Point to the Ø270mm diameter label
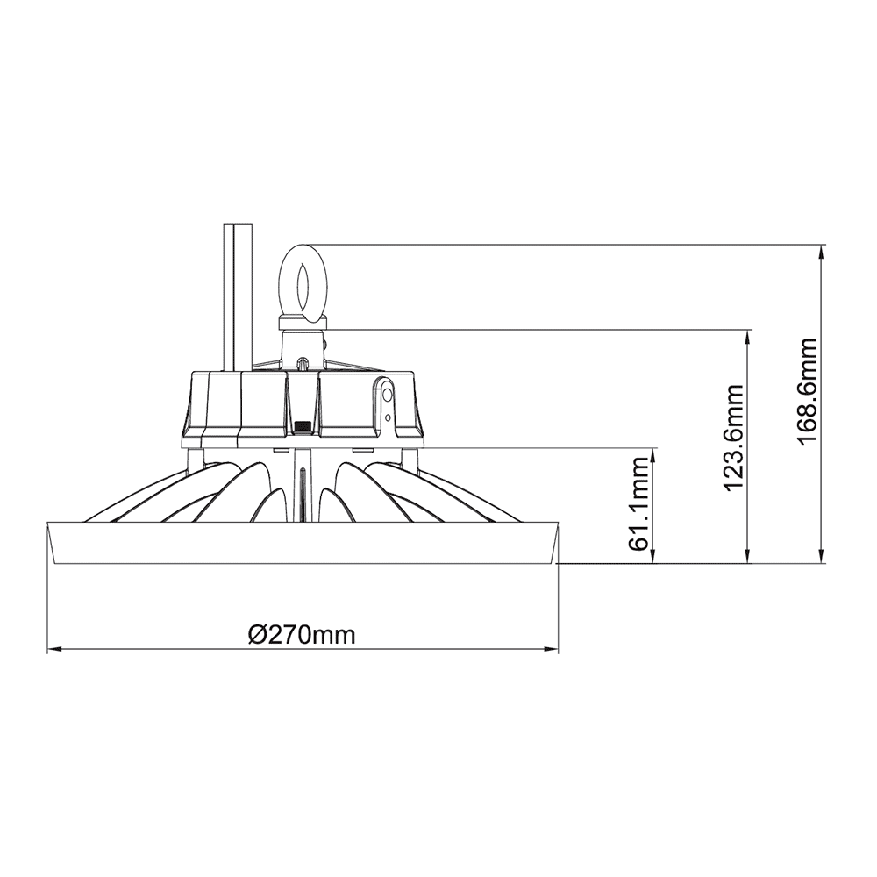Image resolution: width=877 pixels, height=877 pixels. pos(302,634)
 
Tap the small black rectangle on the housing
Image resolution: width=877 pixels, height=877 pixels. pos(303,427)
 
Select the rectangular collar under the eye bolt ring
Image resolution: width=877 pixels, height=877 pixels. pos(302,324)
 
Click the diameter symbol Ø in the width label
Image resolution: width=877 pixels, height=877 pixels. pos(257,634)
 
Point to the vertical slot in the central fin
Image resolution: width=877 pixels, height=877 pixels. pos(303,491)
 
